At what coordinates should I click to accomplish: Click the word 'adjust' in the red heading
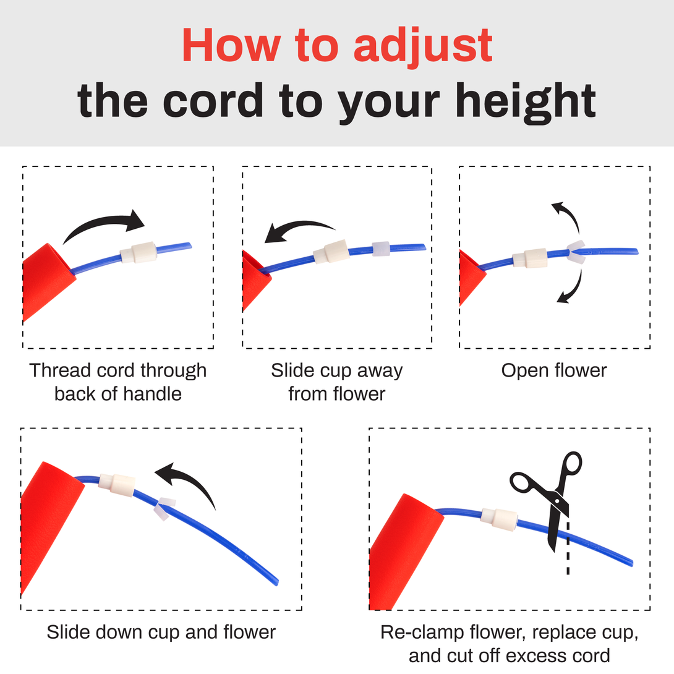[x=423, y=46]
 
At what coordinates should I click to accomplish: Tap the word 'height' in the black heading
[x=525, y=101]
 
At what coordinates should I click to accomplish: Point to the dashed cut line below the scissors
[x=568, y=548]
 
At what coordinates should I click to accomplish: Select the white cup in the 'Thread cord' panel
[x=139, y=252]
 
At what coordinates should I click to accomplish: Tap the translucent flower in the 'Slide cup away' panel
[x=381, y=249]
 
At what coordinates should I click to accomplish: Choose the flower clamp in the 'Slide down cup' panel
[x=164, y=508]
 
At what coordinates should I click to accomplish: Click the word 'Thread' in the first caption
[x=60, y=370]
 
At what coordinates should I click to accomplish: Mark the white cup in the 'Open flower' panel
[x=530, y=258]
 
